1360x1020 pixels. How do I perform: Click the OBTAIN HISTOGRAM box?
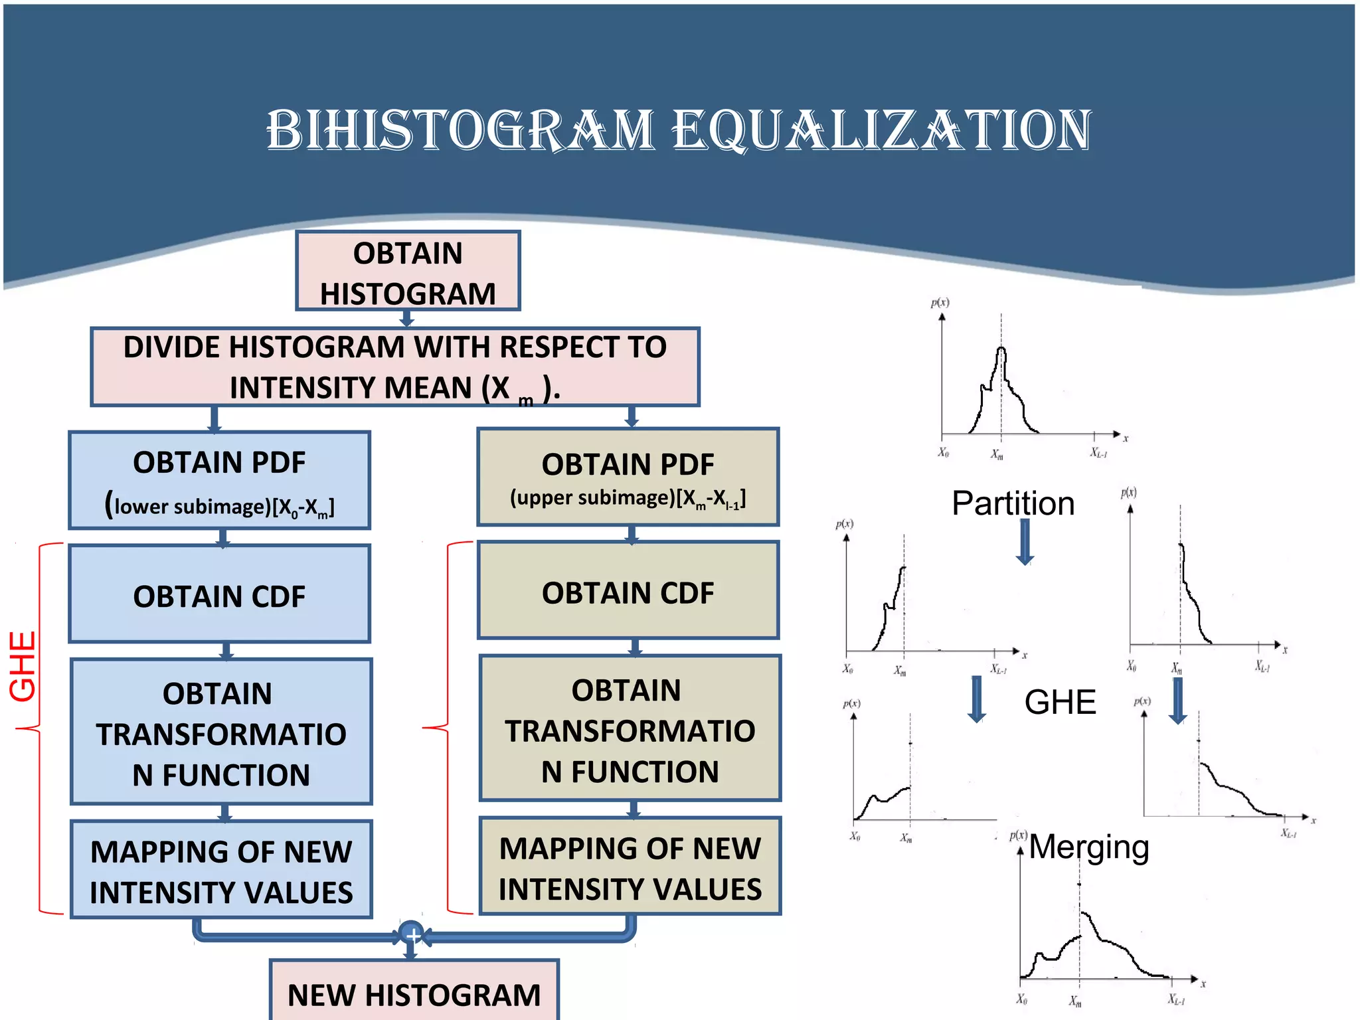(408, 271)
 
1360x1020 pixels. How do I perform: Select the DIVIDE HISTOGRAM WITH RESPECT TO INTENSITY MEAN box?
(394, 367)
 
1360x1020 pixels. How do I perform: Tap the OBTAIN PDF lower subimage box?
(219, 480)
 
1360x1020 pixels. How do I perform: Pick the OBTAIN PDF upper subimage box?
(628, 477)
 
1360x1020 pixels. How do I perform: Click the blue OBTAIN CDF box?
(219, 594)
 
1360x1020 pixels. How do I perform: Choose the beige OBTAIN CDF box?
(628, 591)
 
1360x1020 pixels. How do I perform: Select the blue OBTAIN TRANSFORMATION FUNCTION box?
(220, 732)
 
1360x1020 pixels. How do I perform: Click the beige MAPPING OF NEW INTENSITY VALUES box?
(630, 867)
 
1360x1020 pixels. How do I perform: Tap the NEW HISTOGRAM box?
(414, 992)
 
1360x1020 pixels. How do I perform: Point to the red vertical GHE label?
(23, 666)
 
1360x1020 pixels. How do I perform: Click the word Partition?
(1013, 503)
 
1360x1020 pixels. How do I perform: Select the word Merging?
(1089, 847)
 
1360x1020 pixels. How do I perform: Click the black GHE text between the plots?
(1060, 702)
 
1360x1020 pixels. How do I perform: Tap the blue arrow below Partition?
(1025, 542)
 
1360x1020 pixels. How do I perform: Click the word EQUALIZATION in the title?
(881, 130)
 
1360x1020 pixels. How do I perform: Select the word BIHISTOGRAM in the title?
(460, 130)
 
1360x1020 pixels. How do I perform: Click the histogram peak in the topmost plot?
(1001, 350)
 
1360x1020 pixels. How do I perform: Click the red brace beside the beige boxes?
(446, 728)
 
